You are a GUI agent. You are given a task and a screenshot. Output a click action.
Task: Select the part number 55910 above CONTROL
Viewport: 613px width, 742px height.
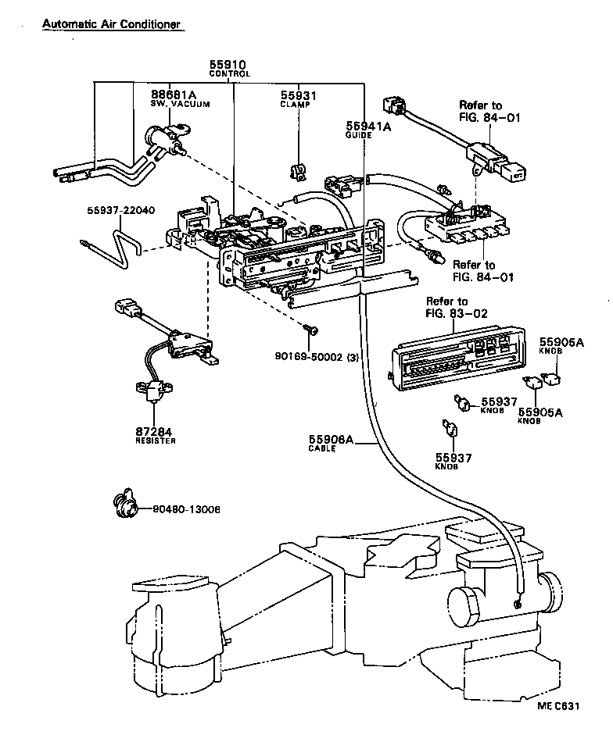pos(228,65)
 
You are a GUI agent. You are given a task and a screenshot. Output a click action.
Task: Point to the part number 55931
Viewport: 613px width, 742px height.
pos(299,95)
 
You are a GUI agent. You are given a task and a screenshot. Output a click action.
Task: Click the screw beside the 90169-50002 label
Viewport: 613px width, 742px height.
pos(313,331)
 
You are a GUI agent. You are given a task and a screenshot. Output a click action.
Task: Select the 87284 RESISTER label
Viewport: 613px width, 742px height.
pos(153,435)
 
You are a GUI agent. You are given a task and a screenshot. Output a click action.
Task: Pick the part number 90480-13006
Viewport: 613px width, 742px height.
pos(187,510)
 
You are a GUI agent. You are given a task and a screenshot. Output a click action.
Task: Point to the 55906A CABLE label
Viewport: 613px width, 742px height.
pos(332,444)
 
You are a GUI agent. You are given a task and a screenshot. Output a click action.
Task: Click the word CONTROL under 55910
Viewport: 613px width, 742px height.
pos(229,74)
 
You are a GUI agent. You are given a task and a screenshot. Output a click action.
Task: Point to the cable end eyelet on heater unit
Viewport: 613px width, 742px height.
pos(517,602)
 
